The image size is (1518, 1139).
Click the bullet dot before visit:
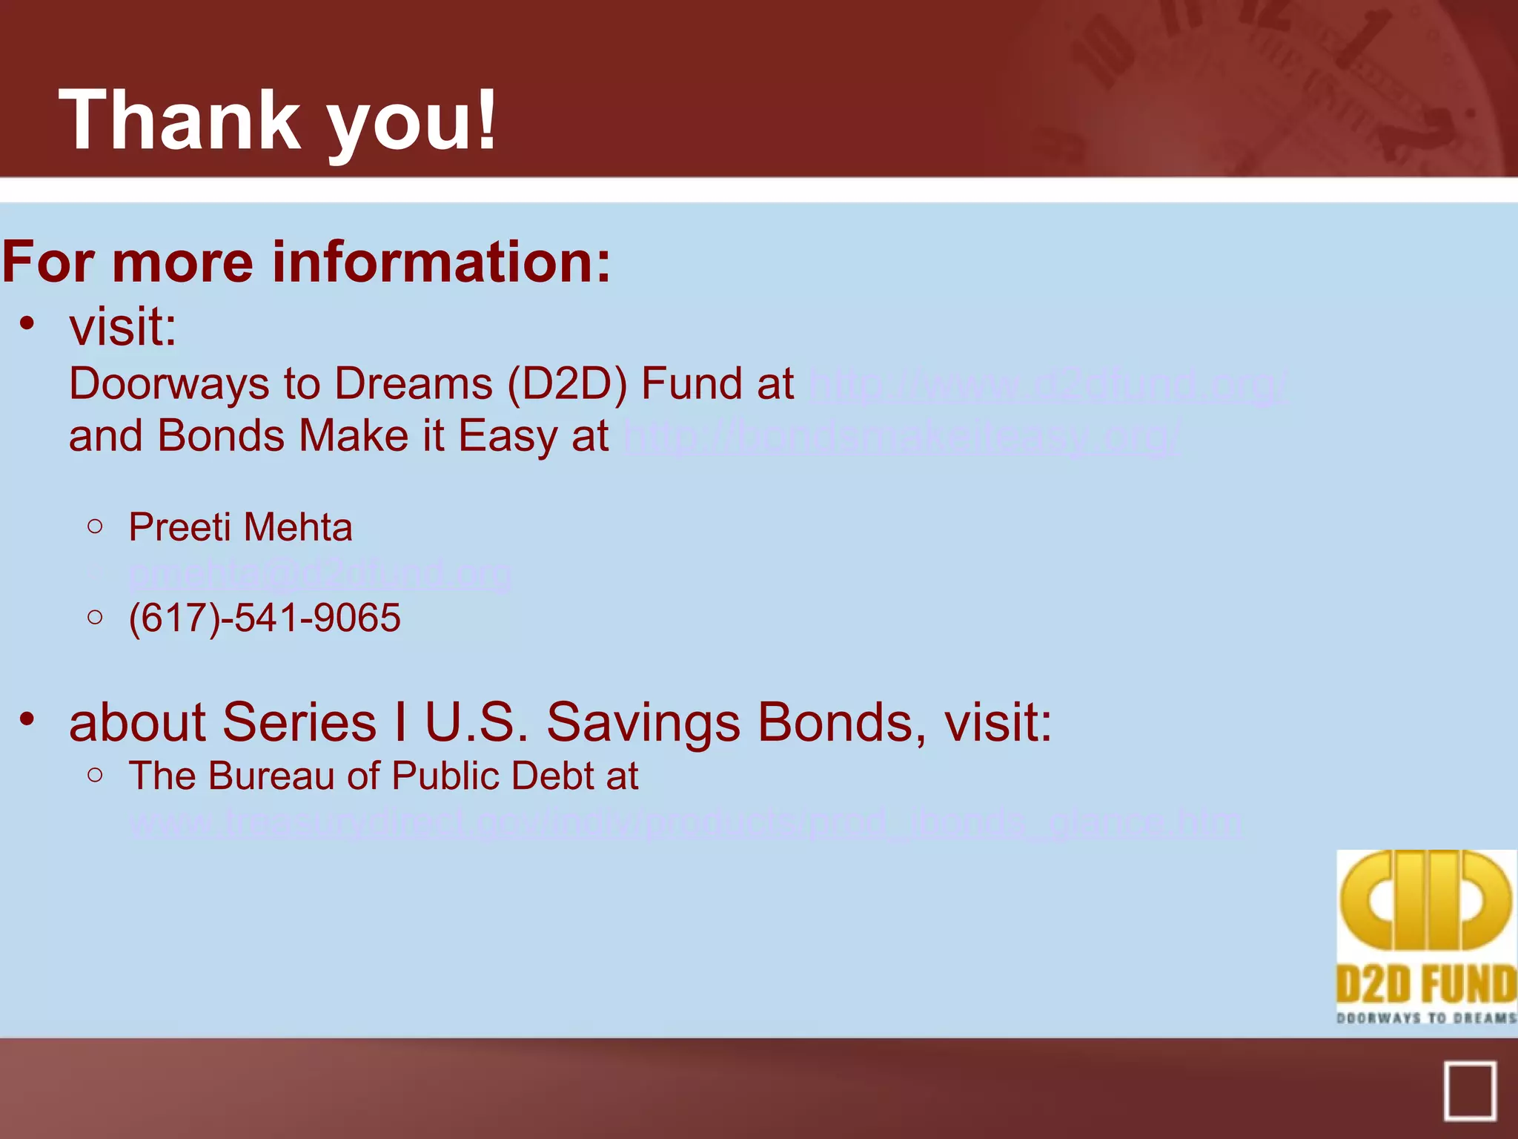27,323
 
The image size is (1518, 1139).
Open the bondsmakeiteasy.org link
901,438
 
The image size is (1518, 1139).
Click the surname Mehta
298,527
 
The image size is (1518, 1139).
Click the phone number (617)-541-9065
265,618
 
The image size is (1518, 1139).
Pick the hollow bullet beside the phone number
95,617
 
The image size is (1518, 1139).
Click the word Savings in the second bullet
643,722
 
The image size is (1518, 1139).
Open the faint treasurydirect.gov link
686,822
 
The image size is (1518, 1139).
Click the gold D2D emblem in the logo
1425,901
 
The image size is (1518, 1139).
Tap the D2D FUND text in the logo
1425,986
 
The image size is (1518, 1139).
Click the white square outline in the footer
1469,1092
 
